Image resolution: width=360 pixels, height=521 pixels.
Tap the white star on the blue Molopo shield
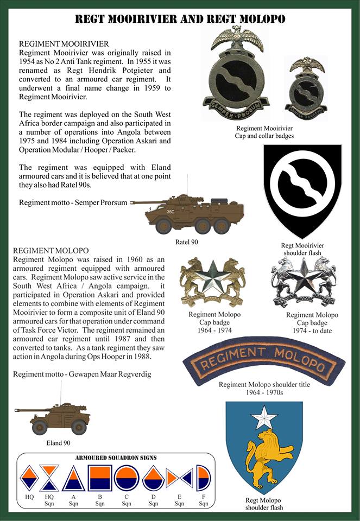(265, 418)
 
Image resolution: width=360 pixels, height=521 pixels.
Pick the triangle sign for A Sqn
(73, 479)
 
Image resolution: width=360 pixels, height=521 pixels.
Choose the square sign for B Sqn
(100, 478)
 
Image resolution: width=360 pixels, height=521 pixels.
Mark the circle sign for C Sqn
(127, 478)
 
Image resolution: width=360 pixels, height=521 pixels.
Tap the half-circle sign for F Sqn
(204, 478)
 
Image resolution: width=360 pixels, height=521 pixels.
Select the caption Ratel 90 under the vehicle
(187, 242)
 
